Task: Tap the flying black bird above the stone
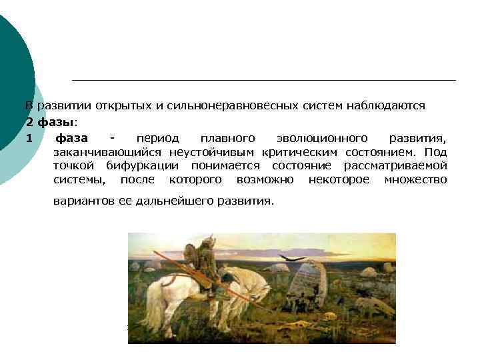coord(292,257)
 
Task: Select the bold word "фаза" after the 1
coord(71,138)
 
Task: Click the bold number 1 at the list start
coord(29,138)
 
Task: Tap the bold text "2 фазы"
coord(51,122)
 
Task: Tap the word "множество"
coord(415,179)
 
